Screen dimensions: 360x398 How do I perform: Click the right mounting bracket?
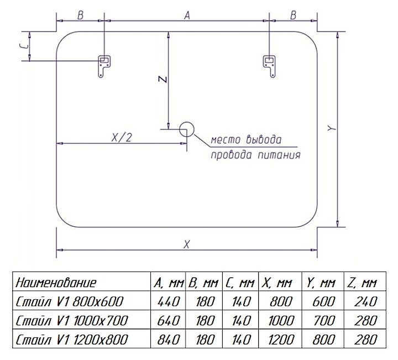point(269,65)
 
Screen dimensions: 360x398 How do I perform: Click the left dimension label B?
point(80,15)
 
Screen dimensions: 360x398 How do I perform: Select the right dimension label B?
point(293,15)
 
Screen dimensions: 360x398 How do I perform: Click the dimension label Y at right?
point(330,128)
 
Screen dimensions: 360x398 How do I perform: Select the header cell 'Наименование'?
point(56,284)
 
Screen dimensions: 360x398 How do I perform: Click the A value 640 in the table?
point(169,320)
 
